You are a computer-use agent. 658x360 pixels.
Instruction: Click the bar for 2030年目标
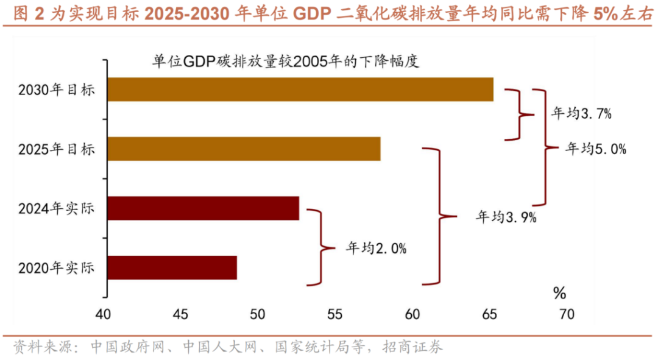[x=300, y=90]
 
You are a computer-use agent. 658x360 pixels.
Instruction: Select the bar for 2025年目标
[x=244, y=149]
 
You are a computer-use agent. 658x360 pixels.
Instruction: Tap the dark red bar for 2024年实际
[x=203, y=208]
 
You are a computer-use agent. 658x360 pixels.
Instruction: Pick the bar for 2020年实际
[x=172, y=267]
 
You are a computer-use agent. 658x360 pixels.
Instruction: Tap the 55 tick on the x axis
[x=334, y=315]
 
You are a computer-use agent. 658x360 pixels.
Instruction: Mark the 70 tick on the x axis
[x=566, y=315]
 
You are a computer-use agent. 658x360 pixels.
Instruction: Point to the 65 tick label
[x=489, y=315]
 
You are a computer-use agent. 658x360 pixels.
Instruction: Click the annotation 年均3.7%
[x=581, y=113]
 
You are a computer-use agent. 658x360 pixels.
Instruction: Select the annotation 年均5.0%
[x=596, y=148]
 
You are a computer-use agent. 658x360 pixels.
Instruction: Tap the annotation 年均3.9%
[x=506, y=217]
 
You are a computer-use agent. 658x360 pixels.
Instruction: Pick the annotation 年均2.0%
[x=376, y=248]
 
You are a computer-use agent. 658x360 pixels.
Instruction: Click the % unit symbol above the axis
[x=559, y=294]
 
